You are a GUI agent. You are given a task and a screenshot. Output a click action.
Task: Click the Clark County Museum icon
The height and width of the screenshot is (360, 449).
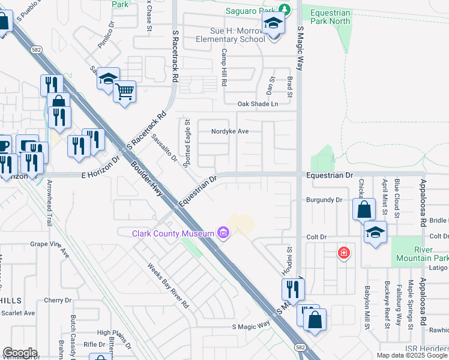pyautogui.click(x=224, y=233)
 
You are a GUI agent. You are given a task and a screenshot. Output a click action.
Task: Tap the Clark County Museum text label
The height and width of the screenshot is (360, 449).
pyautogui.click(x=173, y=233)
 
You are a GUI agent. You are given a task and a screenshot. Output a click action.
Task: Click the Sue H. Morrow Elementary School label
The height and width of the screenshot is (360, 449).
pyautogui.click(x=221, y=35)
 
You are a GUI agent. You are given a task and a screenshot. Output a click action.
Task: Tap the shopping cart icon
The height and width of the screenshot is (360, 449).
pyautogui.click(x=125, y=92)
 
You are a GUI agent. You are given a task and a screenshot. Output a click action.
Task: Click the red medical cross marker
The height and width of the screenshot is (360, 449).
pyautogui.click(x=343, y=253)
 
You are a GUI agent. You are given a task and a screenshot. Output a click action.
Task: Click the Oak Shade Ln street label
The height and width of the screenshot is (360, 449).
pyautogui.click(x=258, y=104)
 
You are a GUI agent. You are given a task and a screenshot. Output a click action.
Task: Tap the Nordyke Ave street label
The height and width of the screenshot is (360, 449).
pyautogui.click(x=229, y=131)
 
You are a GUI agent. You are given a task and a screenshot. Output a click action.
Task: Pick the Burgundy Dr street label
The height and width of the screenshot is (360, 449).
pyautogui.click(x=324, y=199)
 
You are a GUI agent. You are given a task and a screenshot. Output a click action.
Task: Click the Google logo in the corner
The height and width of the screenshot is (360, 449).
pyautogui.click(x=20, y=353)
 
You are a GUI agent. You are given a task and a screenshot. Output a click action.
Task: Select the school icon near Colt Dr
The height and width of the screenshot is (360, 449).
pyautogui.click(x=375, y=232)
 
